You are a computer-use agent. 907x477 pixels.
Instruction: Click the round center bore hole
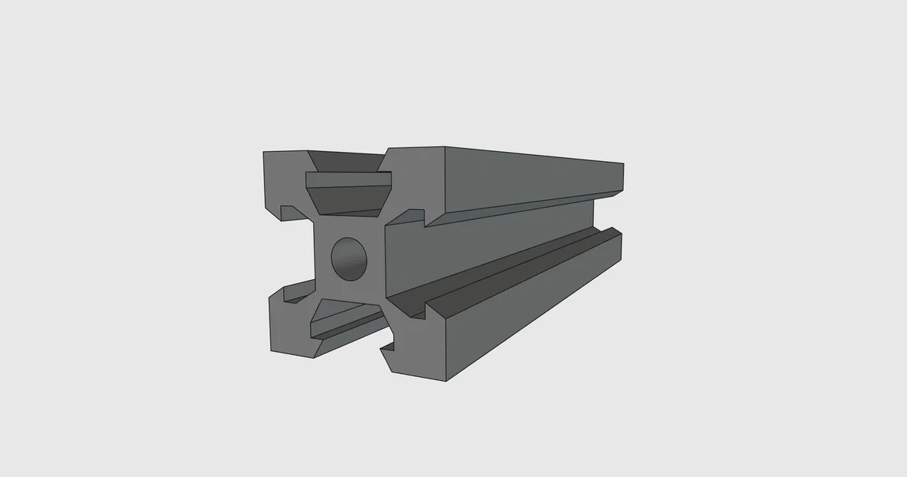point(349,258)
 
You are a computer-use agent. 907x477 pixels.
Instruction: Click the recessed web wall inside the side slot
point(489,244)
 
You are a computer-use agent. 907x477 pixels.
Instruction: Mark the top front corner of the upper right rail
point(445,147)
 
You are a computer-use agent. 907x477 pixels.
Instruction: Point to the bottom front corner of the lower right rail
point(445,380)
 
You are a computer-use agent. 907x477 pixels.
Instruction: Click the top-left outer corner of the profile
point(264,152)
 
